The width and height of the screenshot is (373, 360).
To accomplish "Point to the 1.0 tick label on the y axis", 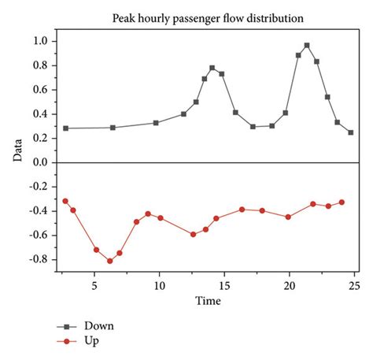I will point(40,41).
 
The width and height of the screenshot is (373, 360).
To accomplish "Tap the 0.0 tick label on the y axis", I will point(40,162).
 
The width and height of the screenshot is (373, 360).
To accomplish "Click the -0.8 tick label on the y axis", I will point(38,259).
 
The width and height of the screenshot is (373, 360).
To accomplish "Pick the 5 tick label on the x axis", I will point(94,284).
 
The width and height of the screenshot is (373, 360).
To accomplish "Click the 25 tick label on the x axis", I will point(354,284).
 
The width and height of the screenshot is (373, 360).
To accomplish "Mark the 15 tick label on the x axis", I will point(224,284).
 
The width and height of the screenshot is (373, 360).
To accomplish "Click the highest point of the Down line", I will point(307,46).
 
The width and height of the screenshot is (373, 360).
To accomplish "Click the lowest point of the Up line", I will point(110,261).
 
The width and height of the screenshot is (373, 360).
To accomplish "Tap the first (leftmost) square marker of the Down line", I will point(65,128).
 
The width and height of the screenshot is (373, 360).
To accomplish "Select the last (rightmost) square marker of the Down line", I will point(351,132).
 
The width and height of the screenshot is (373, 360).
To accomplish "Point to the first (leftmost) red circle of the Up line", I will point(65,201).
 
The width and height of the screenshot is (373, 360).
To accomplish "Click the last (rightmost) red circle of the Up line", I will point(342,202).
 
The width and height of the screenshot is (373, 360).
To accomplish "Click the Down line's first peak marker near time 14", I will point(212,68).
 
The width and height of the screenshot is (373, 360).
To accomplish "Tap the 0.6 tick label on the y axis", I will point(40,89).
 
